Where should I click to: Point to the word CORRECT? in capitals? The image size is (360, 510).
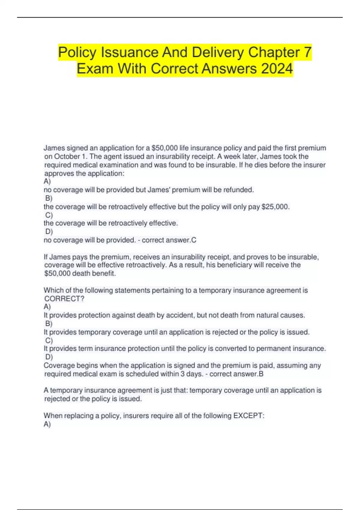tap(64, 299)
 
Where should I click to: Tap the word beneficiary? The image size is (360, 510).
tap(234, 265)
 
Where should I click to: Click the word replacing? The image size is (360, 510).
tap(79, 416)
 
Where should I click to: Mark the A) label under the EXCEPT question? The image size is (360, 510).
tap(47, 424)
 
